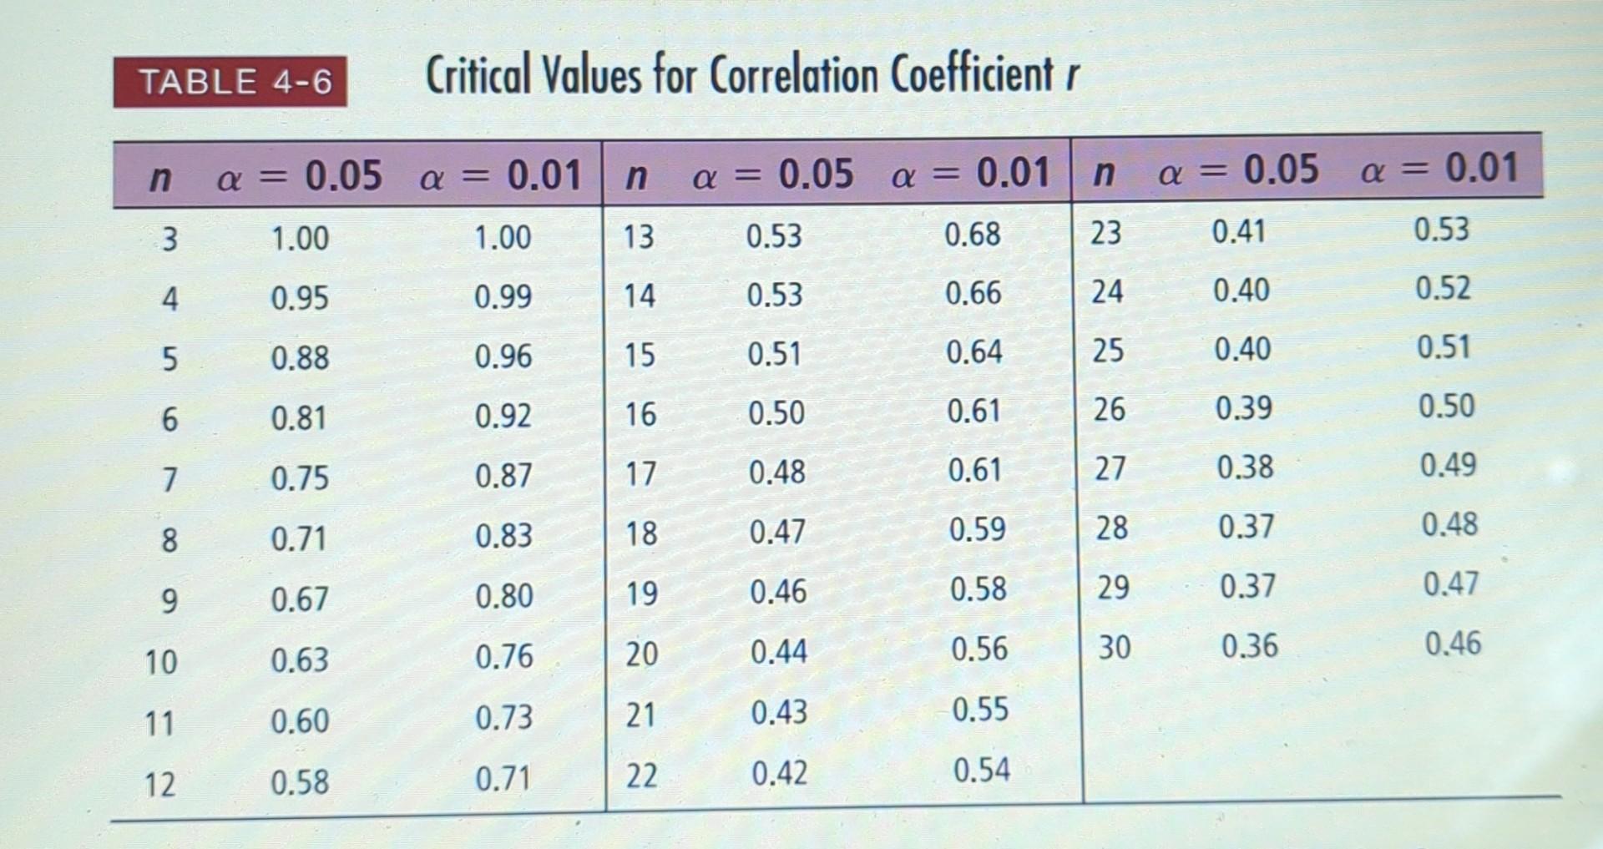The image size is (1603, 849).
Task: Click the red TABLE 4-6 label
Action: (230, 82)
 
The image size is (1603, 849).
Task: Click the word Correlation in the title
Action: (793, 76)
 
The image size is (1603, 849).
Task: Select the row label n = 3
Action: (169, 240)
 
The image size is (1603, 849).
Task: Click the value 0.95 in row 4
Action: (299, 298)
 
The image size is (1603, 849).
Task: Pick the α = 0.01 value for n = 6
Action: (503, 416)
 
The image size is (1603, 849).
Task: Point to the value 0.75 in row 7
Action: (299, 478)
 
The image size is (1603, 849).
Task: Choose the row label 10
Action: (160, 662)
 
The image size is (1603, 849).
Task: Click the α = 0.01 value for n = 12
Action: (503, 780)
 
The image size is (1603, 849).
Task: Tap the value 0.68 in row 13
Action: (973, 235)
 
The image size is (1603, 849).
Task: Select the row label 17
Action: (640, 474)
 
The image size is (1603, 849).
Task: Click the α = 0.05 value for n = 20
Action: (778, 651)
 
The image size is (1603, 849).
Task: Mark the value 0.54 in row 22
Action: (982, 770)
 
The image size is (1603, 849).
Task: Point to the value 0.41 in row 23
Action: (1239, 231)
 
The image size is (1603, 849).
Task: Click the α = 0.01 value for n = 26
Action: (1446, 407)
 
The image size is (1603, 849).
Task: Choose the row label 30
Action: (1114, 647)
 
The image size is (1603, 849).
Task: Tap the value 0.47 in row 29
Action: (1451, 584)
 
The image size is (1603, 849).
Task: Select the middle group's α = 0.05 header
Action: (773, 174)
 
